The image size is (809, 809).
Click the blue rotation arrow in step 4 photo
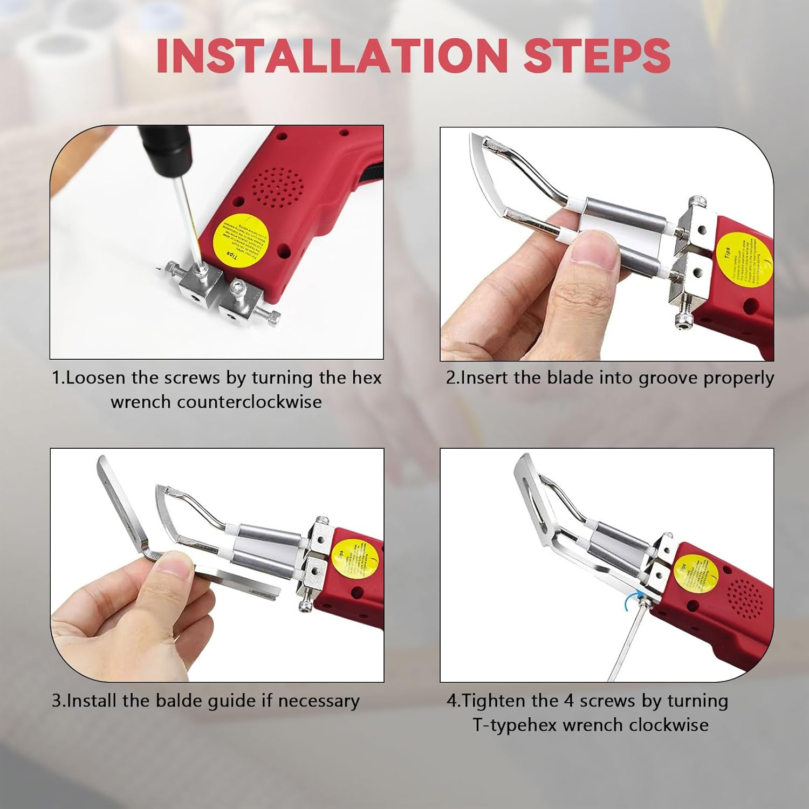[x=637, y=598]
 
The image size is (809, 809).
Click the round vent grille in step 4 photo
[x=745, y=599]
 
